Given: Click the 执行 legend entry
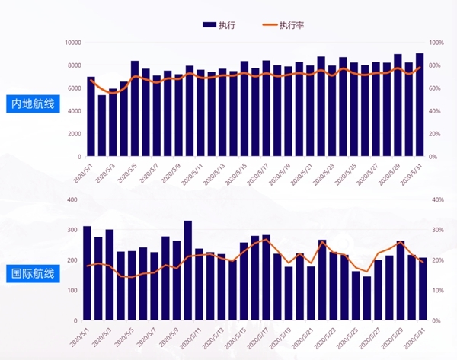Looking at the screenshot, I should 219,25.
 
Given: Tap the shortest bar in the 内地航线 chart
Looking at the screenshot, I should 102,126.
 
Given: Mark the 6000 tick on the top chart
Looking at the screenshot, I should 75,88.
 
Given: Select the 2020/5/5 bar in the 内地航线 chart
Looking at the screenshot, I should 135,109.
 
